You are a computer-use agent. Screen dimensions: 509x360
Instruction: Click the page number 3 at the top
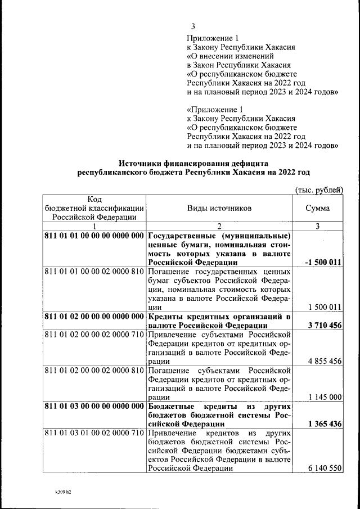[x=193, y=26]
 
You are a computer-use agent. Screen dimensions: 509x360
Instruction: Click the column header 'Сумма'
[x=317, y=208]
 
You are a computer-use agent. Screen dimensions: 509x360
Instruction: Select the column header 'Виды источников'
[x=219, y=208]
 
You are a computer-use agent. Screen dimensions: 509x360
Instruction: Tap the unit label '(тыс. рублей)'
[x=318, y=191]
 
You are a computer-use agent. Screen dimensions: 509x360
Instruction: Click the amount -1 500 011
[x=323, y=262]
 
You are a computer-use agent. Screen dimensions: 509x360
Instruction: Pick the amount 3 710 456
[x=325, y=326]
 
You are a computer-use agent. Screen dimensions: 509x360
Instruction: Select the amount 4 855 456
[x=325, y=361]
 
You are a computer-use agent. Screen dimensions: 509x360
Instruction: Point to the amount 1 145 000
[x=325, y=397]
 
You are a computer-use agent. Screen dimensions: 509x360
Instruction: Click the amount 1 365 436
[x=325, y=424]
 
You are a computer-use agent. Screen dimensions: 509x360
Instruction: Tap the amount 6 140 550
[x=325, y=469]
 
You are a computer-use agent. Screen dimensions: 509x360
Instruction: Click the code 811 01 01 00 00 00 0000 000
[x=94, y=236]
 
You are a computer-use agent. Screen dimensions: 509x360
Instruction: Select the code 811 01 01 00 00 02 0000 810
[x=94, y=272]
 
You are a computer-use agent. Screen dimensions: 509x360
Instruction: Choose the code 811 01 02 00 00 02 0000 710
[x=94, y=335]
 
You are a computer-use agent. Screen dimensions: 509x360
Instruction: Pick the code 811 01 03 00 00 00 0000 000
[x=94, y=406]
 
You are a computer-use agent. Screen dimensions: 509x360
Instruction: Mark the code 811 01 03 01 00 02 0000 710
[x=94, y=433]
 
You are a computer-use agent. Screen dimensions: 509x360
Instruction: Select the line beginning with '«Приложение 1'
[x=216, y=110]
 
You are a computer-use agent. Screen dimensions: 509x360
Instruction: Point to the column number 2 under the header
[x=219, y=226]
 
